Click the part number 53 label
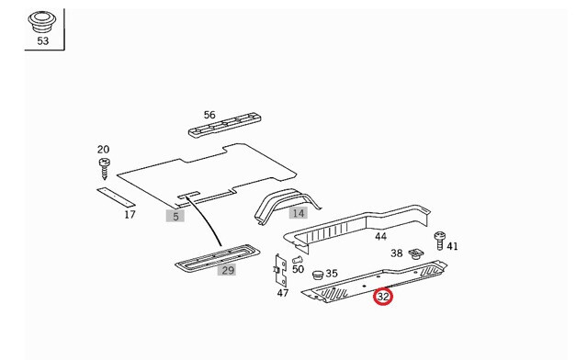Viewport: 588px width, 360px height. [43, 40]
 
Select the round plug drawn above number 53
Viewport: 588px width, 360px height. [41, 22]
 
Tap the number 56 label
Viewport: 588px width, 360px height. [209, 115]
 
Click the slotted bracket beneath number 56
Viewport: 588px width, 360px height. [224, 125]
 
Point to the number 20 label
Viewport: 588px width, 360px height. [103, 150]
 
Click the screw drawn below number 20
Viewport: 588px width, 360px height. [104, 168]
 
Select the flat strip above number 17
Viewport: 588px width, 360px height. [116, 197]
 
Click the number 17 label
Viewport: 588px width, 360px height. [130, 215]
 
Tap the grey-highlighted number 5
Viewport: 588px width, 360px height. [175, 216]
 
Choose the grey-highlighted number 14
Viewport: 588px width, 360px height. [299, 213]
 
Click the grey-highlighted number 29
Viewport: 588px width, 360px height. [228, 270]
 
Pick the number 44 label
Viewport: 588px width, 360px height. [380, 237]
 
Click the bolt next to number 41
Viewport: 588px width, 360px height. [439, 241]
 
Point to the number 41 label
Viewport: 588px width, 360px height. [452, 246]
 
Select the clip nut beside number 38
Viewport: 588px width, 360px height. [415, 253]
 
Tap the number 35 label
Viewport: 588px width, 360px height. [332, 274]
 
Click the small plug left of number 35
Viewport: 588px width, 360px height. [318, 275]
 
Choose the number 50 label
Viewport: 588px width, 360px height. [298, 269]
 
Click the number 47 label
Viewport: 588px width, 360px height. [283, 293]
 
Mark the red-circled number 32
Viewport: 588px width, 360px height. [383, 297]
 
